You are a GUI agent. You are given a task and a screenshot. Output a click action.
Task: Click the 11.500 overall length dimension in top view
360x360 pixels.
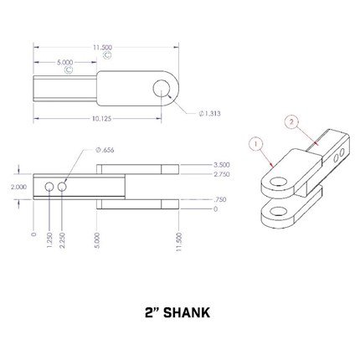(x=103, y=48)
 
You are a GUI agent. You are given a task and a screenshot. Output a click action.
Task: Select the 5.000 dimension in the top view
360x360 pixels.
(x=65, y=63)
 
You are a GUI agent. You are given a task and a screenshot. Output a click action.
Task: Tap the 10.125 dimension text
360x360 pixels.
(x=102, y=119)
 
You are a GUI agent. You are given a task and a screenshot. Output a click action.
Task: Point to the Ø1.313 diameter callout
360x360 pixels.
(x=209, y=114)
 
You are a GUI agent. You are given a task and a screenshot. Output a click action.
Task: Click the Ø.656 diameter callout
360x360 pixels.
(x=105, y=150)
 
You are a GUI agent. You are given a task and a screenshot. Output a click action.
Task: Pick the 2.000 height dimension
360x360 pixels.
(x=19, y=187)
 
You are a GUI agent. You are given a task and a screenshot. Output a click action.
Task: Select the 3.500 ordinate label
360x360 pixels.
(x=221, y=165)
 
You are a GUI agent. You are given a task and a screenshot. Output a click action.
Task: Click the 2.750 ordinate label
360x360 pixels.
(x=221, y=174)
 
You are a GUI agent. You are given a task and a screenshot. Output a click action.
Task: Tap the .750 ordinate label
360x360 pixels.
(x=219, y=199)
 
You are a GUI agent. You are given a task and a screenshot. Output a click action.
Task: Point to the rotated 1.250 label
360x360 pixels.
(x=49, y=239)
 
